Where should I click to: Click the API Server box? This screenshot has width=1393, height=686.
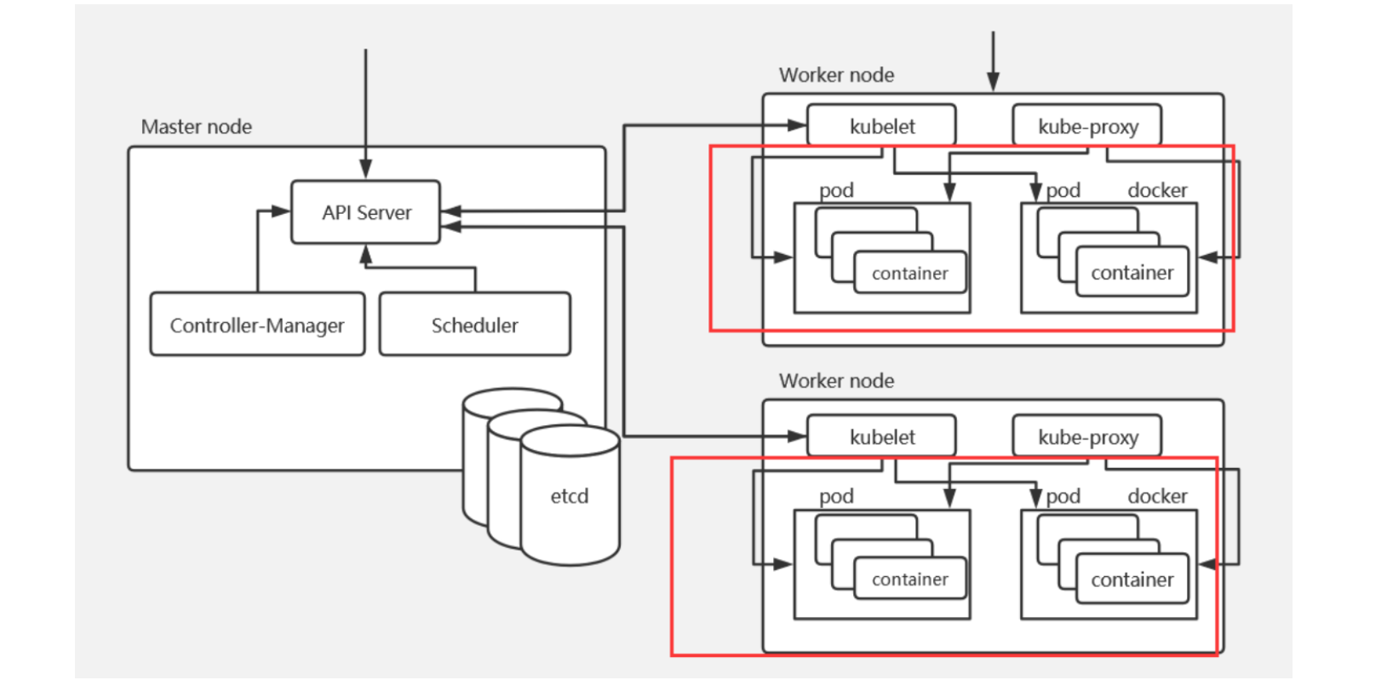(x=365, y=212)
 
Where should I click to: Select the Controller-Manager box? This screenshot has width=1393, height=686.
(x=257, y=325)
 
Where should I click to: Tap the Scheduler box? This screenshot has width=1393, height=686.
(x=474, y=325)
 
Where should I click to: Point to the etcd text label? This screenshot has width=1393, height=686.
(x=569, y=496)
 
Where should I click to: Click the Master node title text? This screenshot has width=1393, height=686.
(x=196, y=127)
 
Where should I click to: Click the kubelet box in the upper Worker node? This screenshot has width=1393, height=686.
(x=881, y=126)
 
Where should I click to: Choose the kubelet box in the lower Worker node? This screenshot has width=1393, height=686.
(x=881, y=437)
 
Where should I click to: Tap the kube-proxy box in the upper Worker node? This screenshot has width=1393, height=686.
(x=1087, y=126)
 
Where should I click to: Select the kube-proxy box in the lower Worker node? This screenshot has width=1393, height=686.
(x=1087, y=437)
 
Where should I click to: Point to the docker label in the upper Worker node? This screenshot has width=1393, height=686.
(x=1157, y=190)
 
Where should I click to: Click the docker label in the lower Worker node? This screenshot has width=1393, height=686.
(x=1157, y=496)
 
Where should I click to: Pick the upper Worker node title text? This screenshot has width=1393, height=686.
(x=836, y=75)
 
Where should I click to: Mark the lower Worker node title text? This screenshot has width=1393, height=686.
(x=836, y=381)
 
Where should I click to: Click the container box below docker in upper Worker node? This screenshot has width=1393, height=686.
(x=1132, y=273)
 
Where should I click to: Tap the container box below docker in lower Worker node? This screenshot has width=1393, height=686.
(x=1132, y=579)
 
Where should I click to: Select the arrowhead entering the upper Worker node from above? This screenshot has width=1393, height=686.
(x=993, y=83)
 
